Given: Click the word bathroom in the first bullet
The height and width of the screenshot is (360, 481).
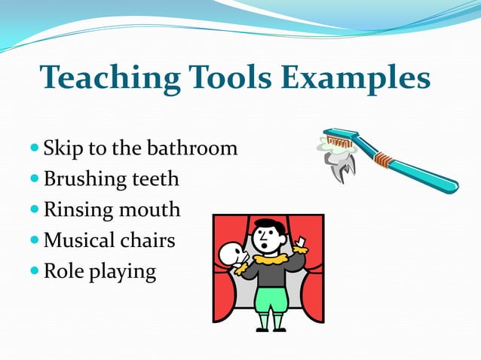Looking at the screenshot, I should click(x=197, y=148).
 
